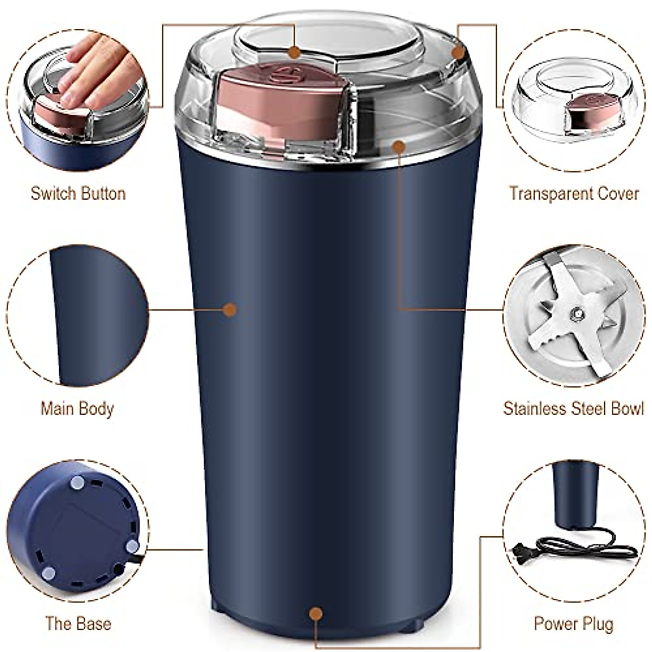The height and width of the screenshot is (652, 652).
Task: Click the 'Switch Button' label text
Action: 78,193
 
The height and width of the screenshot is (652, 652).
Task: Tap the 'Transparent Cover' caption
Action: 574,193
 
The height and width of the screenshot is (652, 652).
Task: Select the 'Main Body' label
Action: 77,409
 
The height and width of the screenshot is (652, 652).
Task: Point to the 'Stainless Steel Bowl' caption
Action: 573,409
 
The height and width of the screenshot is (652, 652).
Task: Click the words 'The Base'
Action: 78,623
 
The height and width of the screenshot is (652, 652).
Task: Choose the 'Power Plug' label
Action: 573,623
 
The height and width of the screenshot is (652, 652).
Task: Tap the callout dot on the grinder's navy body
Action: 230,310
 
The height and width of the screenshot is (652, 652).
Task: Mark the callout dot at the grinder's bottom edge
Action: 316,615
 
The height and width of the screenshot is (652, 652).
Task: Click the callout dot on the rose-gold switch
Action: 294,52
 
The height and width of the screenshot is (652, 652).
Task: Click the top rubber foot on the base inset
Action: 78,482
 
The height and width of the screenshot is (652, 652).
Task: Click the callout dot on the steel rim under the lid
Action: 399,146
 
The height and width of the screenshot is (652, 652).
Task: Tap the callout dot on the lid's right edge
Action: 459,53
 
